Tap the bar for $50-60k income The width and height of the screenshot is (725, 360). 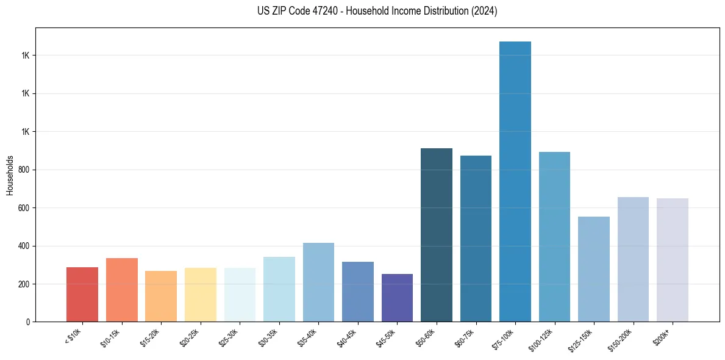click(x=437, y=235)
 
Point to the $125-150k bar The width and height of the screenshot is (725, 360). click(x=593, y=269)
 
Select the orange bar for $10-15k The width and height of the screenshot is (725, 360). click(x=121, y=290)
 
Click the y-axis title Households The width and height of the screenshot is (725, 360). click(x=10, y=175)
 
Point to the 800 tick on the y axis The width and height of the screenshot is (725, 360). click(x=24, y=170)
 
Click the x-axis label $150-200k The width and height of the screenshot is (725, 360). click(x=620, y=338)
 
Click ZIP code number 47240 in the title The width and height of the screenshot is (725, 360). click(x=316, y=11)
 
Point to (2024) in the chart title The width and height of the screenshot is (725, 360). click(x=485, y=11)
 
